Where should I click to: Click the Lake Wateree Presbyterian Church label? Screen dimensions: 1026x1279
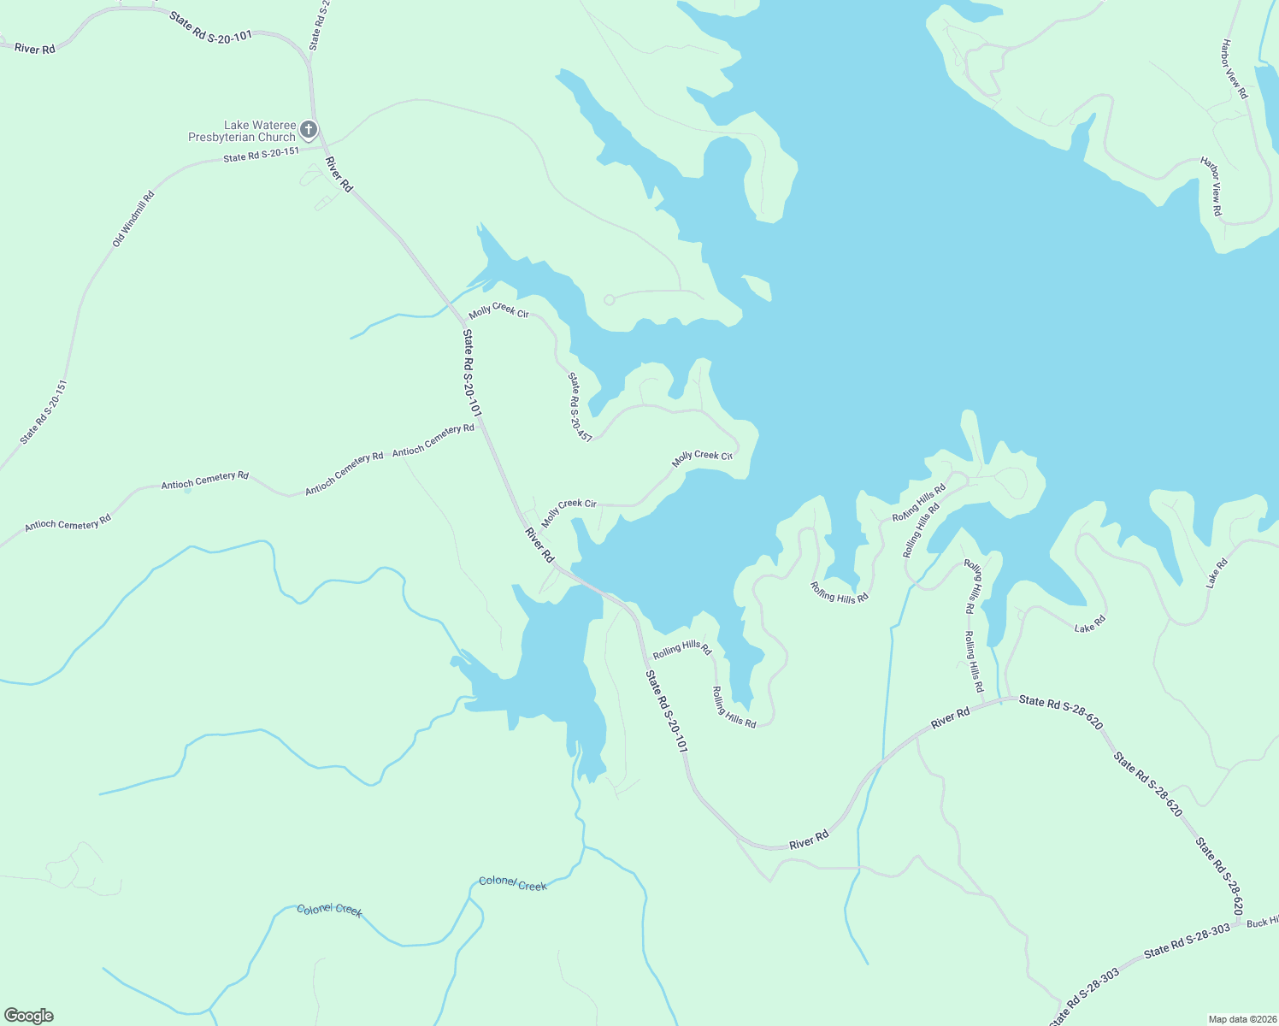coord(242,131)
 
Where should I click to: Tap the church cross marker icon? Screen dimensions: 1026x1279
coord(309,130)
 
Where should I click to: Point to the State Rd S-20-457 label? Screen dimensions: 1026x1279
coord(580,406)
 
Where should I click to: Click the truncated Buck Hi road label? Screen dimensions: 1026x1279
coord(1262,922)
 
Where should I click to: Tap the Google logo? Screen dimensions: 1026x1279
coord(29,1016)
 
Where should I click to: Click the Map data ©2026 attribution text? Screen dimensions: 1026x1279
coord(1241,1019)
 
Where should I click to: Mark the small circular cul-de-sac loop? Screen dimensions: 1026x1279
coord(609,299)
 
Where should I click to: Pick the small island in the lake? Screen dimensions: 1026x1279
coord(757,287)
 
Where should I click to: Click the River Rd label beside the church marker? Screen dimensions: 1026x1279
coord(339,174)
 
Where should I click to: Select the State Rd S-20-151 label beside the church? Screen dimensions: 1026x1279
coord(261,154)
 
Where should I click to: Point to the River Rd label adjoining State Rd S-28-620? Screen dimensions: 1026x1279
coord(950,717)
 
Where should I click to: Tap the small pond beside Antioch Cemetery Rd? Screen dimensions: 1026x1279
coord(187,490)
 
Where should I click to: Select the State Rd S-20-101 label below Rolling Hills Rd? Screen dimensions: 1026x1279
coord(666,711)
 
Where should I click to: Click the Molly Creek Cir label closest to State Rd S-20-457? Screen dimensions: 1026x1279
coord(498,311)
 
